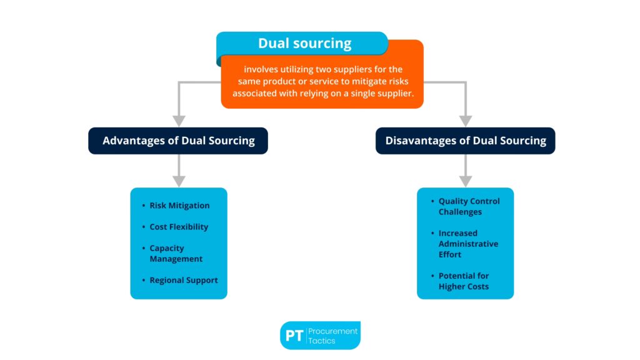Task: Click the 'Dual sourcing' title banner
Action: point(304,44)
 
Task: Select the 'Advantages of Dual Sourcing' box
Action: point(178,141)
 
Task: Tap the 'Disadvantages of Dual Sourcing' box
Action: point(465,141)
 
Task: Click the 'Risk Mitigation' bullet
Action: point(179,206)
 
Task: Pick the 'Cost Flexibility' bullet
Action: point(179,227)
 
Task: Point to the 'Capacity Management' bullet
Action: point(176,253)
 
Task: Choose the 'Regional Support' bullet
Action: point(183,280)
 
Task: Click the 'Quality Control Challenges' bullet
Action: point(469,206)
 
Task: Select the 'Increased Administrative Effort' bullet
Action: point(467,244)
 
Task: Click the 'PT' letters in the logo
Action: point(294,336)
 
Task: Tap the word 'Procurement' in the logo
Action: point(333,331)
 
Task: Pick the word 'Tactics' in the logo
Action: point(322,341)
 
